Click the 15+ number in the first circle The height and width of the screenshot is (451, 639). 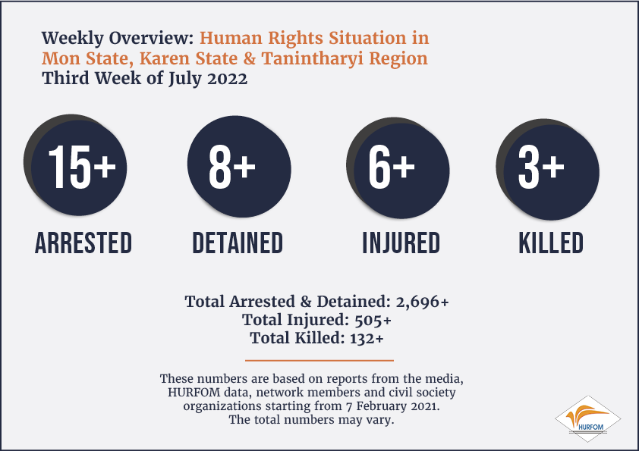point(82,167)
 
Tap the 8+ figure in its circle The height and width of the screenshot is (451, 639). point(232,167)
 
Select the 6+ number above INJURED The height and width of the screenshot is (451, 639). point(392,167)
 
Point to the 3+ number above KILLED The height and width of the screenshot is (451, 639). point(541,167)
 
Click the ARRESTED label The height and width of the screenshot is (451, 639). point(83,243)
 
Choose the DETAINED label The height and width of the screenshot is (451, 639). point(238,243)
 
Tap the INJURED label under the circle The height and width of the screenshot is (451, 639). point(401,243)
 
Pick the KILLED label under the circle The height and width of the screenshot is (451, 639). point(551,243)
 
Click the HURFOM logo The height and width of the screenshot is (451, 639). point(587,419)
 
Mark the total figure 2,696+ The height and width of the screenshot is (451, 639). point(422,302)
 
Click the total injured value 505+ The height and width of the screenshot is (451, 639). point(373,321)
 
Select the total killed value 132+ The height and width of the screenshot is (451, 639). point(367,338)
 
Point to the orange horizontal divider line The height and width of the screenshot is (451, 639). point(319,360)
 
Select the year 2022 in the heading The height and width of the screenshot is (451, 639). point(227,79)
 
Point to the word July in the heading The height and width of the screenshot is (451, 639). point(185,79)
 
